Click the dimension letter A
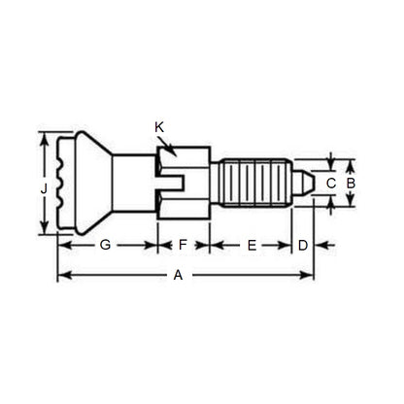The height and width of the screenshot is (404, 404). [x=177, y=276]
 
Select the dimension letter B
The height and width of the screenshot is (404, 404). [x=353, y=182]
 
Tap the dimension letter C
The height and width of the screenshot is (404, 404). [x=331, y=182]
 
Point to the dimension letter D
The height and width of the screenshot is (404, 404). [x=302, y=247]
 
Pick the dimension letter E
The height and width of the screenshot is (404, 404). [x=251, y=247]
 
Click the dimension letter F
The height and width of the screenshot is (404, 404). [x=182, y=247]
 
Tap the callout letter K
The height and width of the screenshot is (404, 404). [x=159, y=127]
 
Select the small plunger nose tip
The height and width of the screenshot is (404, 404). [x=306, y=182]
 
